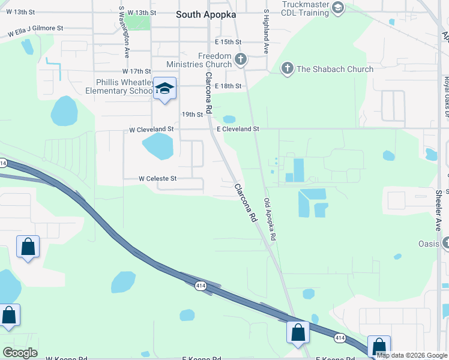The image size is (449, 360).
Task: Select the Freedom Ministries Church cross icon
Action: pos(241,59)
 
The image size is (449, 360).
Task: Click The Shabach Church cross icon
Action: pos(288,68)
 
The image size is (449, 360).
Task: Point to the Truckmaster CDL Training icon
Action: pos(337,8)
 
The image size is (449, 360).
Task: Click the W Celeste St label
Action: pos(158,178)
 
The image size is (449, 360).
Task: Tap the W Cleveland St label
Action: pos(151,129)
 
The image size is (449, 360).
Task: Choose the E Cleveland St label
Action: pos(238,129)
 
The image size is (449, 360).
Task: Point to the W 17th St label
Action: pos(135,71)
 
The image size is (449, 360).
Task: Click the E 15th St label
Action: pos(228,42)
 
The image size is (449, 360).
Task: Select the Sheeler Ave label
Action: pos(439,210)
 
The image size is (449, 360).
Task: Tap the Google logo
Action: pos(20,353)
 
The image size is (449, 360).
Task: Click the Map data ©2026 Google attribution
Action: pos(411,355)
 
